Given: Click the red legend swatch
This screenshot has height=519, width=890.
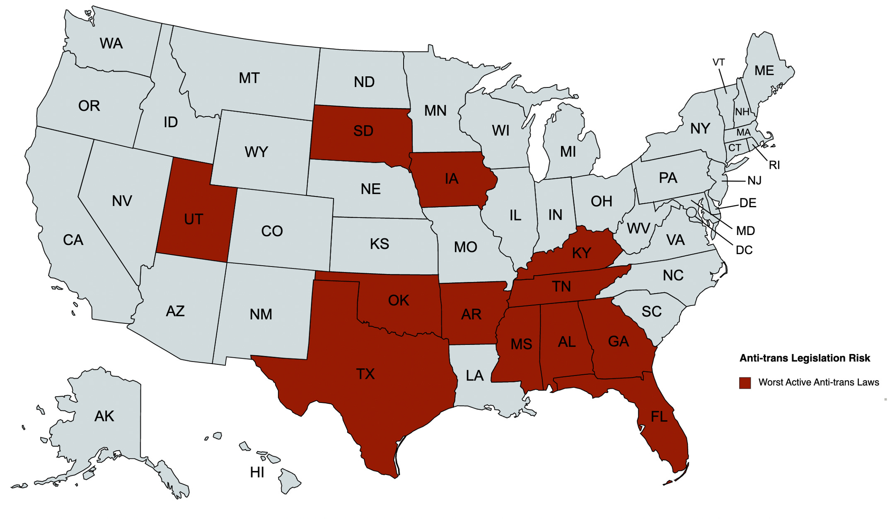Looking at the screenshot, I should (x=745, y=383).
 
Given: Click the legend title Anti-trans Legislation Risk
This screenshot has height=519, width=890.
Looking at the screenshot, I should (x=805, y=358).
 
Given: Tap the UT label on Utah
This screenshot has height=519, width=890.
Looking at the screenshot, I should (x=193, y=219).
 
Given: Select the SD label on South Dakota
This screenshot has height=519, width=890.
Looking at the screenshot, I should (x=363, y=131).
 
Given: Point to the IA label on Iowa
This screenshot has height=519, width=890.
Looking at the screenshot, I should (x=451, y=179).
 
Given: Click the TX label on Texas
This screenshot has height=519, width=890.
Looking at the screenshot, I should (x=365, y=374).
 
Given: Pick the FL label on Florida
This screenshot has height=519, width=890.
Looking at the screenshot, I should (x=659, y=417).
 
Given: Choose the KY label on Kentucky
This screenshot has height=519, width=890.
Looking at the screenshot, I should (x=581, y=253).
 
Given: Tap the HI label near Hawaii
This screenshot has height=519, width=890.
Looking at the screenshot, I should (x=257, y=472).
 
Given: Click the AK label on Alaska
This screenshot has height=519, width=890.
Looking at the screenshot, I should (x=104, y=416).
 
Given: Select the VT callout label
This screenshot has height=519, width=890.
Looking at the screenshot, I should (x=718, y=62).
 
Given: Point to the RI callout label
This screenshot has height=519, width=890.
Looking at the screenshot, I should (x=774, y=165).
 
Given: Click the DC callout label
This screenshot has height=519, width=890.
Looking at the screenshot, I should (x=744, y=250).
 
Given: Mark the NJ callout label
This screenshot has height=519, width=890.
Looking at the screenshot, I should (x=754, y=181).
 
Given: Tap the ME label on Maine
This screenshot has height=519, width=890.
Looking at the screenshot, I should (x=764, y=70).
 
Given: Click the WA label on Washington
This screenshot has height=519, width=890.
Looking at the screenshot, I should (x=111, y=44).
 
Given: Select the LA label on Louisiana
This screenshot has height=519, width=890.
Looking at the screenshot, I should (x=474, y=376).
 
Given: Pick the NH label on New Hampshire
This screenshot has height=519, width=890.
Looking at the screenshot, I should (x=742, y=112).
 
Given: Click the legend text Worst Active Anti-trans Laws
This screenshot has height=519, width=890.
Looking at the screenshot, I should (x=818, y=382).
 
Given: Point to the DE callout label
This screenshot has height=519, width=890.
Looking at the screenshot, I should (x=747, y=203).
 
